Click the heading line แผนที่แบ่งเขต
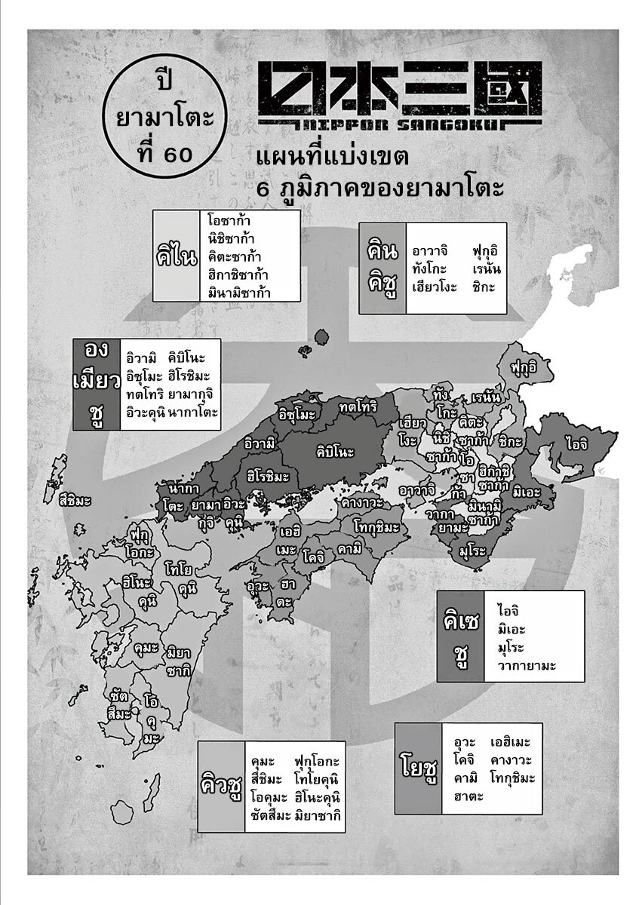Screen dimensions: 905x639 point(333,159)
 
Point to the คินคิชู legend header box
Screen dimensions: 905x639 point(382,268)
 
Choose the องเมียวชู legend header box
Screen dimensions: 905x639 point(97,384)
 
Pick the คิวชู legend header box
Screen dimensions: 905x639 point(221,785)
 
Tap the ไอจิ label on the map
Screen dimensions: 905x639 point(578,444)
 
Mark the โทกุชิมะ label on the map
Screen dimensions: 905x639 point(375,527)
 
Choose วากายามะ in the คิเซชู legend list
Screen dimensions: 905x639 point(527,666)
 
